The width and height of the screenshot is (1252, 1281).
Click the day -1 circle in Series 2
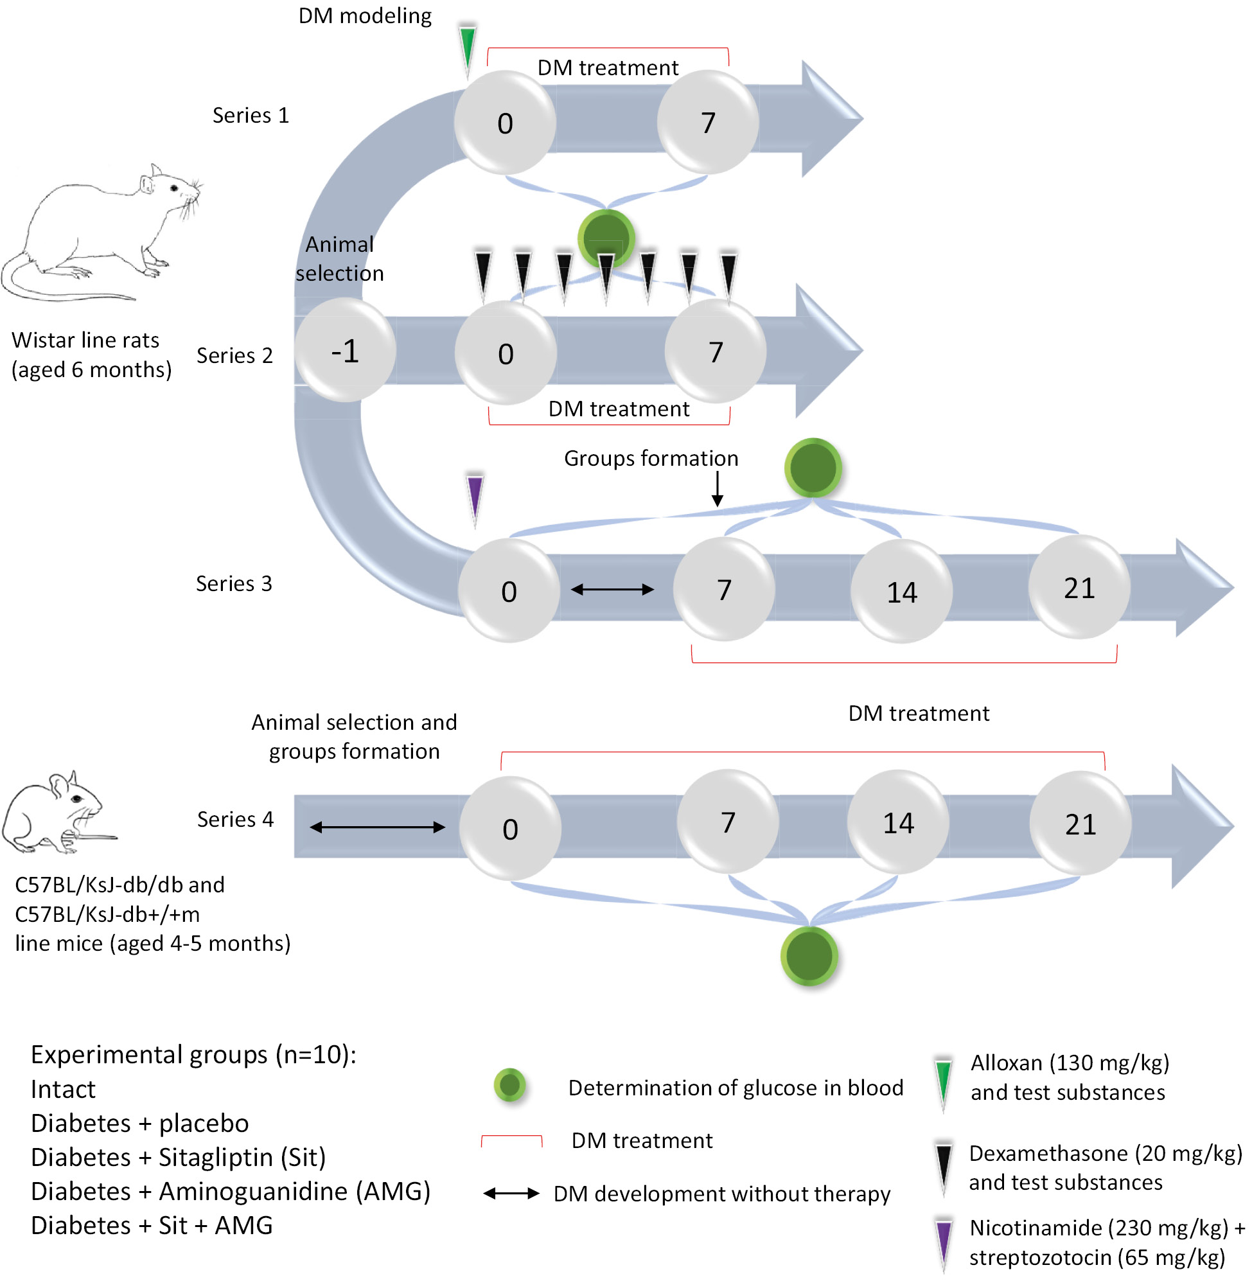(345, 351)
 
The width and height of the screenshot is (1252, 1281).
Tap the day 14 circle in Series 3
(901, 591)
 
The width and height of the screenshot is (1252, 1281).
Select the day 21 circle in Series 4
(1080, 824)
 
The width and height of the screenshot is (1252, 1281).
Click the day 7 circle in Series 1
(708, 122)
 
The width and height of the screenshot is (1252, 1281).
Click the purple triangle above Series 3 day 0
(475, 496)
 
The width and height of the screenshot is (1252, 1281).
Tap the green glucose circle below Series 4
(809, 955)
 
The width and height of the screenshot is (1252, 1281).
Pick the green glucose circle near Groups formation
(813, 468)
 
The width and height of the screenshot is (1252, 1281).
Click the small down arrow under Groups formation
(718, 490)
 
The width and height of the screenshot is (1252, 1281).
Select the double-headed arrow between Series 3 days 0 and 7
(612, 590)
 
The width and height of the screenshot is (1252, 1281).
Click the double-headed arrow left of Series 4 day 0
(378, 827)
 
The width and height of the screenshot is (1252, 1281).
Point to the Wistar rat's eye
(174, 188)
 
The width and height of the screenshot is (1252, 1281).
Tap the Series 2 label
(234, 356)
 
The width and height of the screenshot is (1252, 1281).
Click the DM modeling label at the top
(365, 16)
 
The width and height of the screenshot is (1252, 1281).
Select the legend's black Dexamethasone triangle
(944, 1167)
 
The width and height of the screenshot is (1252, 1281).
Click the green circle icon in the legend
(509, 1086)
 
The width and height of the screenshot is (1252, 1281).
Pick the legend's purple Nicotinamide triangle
(944, 1242)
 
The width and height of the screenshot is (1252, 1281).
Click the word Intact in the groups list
(63, 1090)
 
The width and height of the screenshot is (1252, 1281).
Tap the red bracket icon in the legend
(511, 1141)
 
